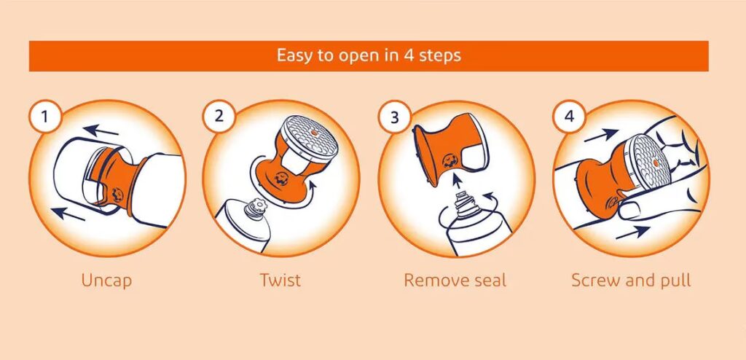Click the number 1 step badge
pos(44,116)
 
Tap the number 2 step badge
pos(219,116)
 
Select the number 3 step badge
pos(394,117)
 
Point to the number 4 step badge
pos(569,116)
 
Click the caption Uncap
pos(106,280)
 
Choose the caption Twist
pos(280,280)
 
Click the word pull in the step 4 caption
pos(675,281)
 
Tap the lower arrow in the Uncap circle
pos(68,214)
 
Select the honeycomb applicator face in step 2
pos(309,136)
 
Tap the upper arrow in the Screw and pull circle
pos(601,136)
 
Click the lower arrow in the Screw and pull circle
pos(633,232)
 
